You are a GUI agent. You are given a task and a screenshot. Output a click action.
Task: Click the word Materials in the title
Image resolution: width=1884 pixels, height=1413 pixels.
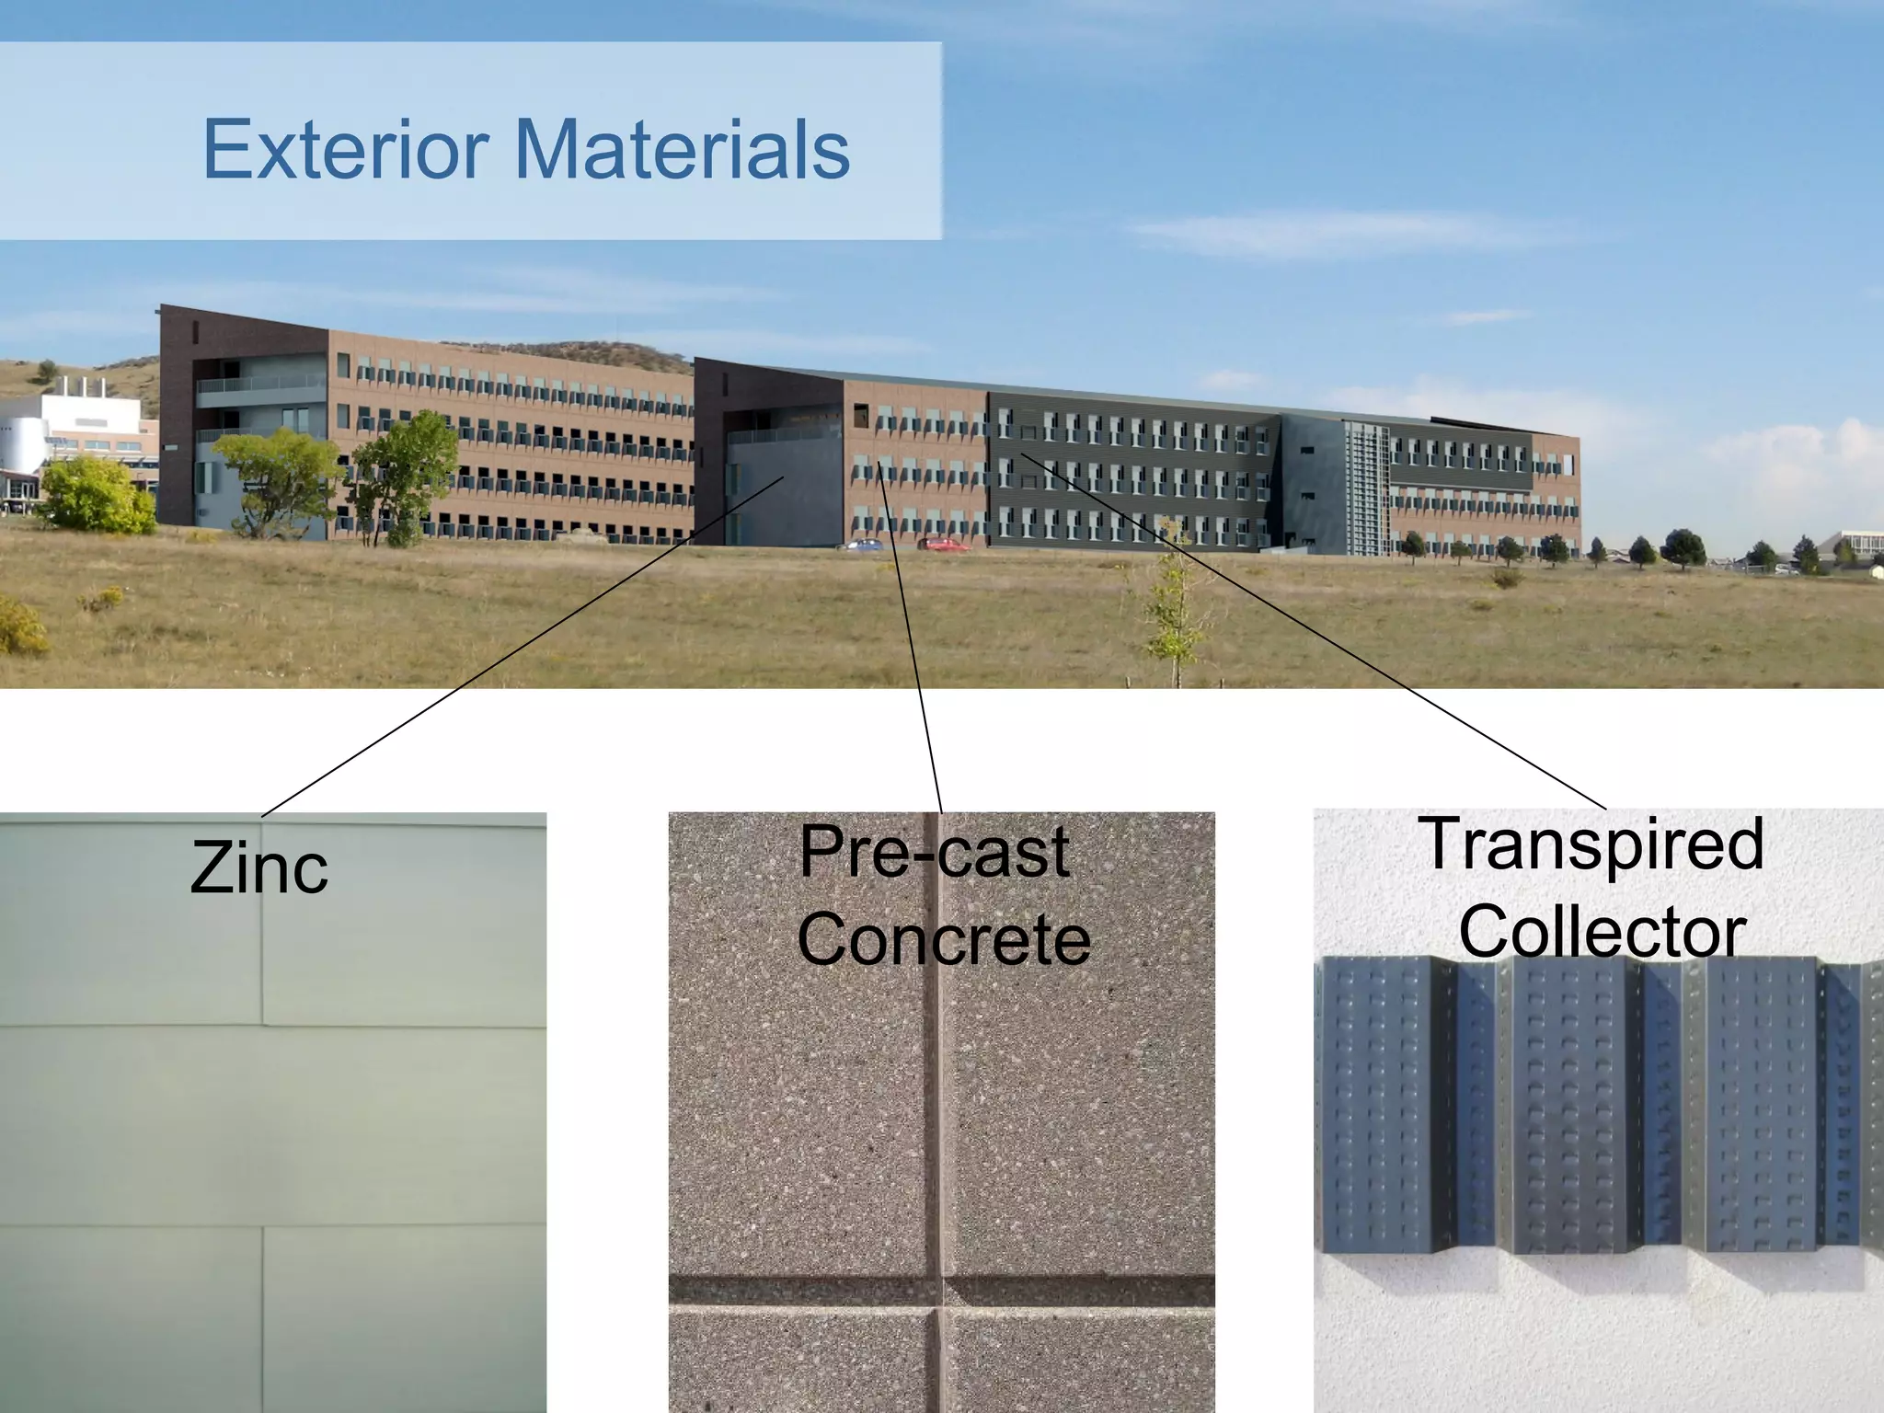point(683,149)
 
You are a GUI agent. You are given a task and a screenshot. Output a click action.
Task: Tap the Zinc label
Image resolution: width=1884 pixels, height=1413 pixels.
point(258,868)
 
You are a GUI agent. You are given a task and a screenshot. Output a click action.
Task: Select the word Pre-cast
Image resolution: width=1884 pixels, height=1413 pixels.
point(934,852)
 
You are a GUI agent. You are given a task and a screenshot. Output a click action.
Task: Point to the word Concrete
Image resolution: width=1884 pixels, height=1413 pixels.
point(944,939)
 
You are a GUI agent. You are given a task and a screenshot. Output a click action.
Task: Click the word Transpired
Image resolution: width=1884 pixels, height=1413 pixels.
point(1591,844)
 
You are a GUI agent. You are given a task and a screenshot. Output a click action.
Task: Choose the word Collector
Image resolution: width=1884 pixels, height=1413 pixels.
point(1602,932)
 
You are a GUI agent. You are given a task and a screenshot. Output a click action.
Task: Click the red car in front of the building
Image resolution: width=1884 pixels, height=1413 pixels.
point(944,545)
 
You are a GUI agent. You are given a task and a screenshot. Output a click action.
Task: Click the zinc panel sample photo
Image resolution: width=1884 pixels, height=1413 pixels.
point(272,1150)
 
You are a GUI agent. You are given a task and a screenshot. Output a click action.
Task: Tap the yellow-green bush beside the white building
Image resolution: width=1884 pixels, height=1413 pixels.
point(97,497)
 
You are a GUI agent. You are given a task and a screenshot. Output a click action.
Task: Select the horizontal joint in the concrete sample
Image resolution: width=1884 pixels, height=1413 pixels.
point(941,1292)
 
